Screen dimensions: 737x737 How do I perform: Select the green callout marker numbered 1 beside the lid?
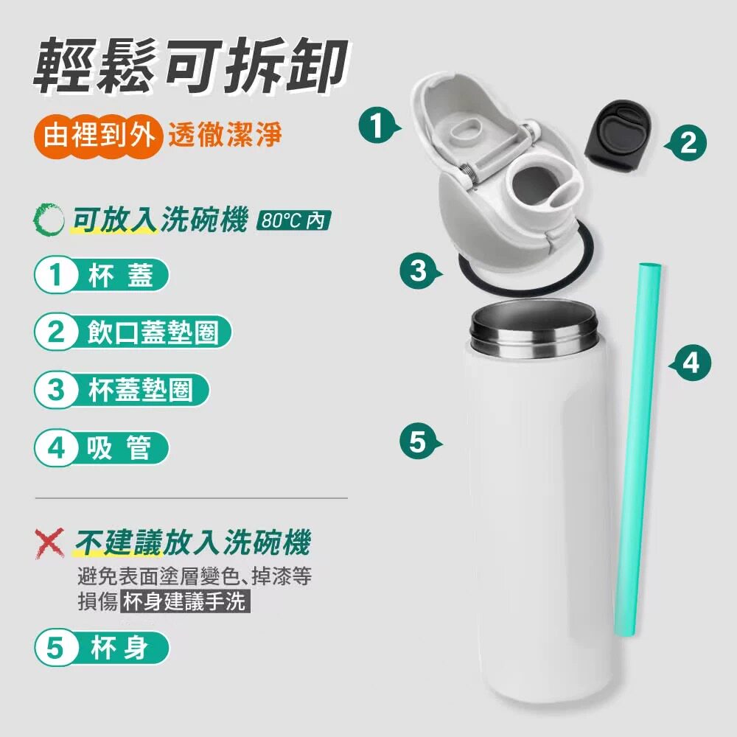coord(378,125)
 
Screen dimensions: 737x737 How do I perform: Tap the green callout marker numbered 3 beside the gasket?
coord(419,270)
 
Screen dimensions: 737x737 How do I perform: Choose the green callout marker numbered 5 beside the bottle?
coord(419,442)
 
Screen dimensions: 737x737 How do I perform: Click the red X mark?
coord(49,543)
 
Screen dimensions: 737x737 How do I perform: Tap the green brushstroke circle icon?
coord(49,220)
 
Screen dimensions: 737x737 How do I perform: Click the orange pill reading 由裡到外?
coord(98,136)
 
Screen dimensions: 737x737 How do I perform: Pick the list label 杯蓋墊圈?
coord(140,390)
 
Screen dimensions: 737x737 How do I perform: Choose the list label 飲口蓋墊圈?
coord(153,332)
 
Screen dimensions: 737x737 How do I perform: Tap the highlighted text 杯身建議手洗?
coord(185,601)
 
